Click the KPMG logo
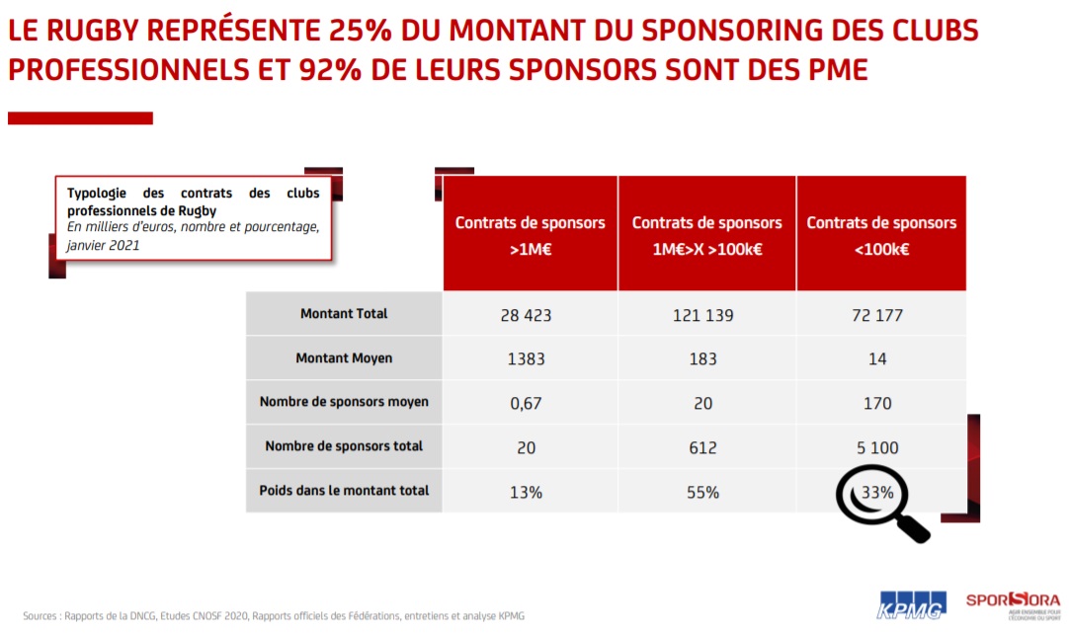click(911, 604)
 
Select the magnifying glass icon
click(882, 502)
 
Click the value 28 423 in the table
click(526, 316)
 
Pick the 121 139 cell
click(702, 316)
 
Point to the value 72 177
click(877, 316)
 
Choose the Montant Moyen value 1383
click(526, 359)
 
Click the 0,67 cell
click(526, 403)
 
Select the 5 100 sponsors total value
click(877, 447)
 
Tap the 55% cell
click(702, 492)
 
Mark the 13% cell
click(526, 492)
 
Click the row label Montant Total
click(344, 314)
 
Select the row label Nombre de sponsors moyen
click(344, 402)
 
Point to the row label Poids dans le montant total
click(344, 490)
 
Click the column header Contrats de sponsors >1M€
click(530, 235)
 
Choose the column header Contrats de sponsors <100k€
click(881, 235)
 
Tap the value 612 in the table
click(702, 447)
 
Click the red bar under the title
click(80, 119)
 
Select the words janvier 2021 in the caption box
click(104, 244)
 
